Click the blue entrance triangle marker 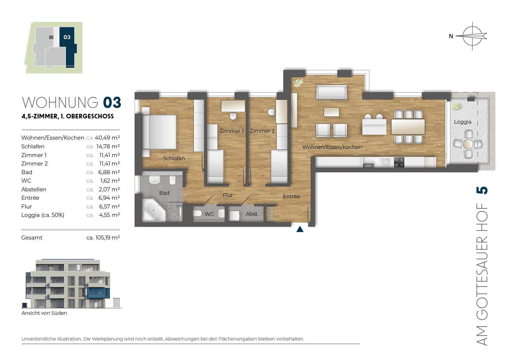point(300,229)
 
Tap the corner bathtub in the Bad point(154,210)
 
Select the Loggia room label point(463,122)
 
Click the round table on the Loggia point(468,144)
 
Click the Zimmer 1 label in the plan point(231,131)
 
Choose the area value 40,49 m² point(107,138)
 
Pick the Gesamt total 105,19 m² point(108,238)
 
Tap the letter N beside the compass point(451,36)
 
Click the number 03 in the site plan point(67,37)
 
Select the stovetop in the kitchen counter point(399,162)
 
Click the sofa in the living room point(331,92)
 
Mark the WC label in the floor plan point(209,214)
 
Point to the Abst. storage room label point(252,214)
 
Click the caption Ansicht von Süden point(44,313)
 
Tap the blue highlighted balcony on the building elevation point(99,293)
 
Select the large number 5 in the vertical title point(482,190)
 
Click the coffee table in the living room point(331,112)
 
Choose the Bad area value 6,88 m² point(109,172)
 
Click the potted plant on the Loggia point(457,106)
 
